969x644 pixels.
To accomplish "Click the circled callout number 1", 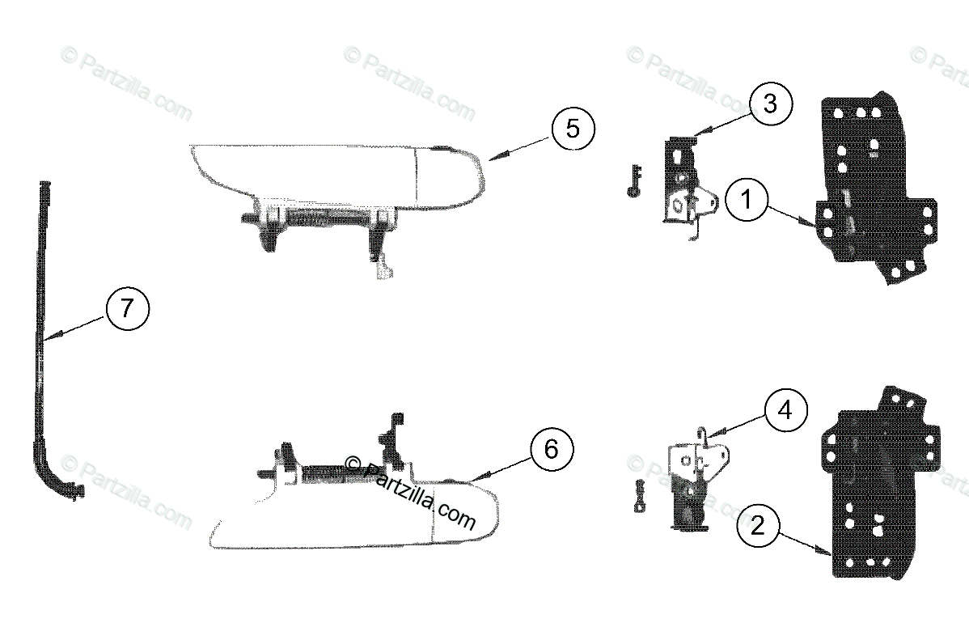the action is (x=746, y=200).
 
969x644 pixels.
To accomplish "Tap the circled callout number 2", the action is (x=758, y=526).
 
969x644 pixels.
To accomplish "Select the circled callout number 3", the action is (x=771, y=104).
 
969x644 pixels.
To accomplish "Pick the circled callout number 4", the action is (x=785, y=410).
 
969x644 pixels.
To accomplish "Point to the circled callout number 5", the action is (x=573, y=129).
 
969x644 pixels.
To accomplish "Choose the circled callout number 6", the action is (x=552, y=449).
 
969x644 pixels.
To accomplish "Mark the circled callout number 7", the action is (x=127, y=307).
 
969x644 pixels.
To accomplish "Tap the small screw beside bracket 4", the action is (x=640, y=496).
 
